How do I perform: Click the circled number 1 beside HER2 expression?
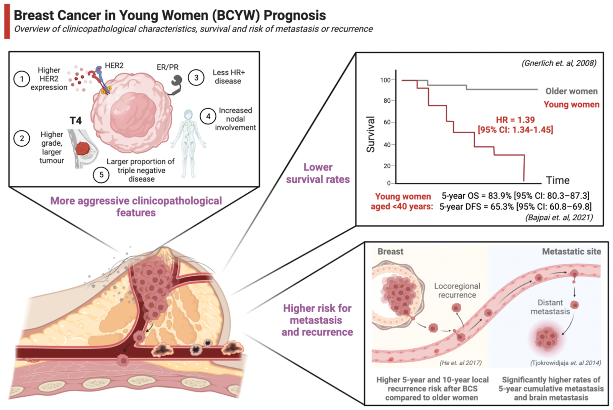click(x=22, y=79)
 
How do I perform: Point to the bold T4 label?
click(x=76, y=121)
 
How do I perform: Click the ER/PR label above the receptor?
click(x=168, y=67)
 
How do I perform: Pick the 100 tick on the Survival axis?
click(x=385, y=80)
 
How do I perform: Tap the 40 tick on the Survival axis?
click(x=387, y=145)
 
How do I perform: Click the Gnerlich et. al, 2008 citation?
click(x=559, y=63)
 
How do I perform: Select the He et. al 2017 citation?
click(x=460, y=363)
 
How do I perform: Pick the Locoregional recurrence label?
click(x=457, y=291)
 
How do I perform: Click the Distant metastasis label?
click(x=550, y=307)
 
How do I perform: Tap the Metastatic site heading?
click(x=571, y=252)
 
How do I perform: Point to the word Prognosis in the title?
click(x=295, y=15)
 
